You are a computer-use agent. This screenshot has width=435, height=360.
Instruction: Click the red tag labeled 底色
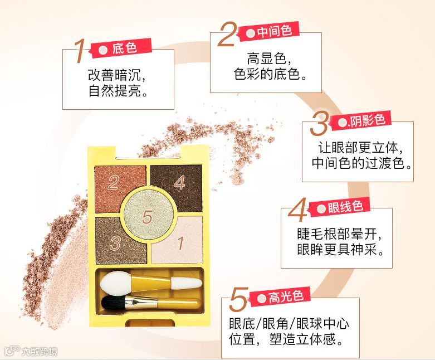tap(121, 48)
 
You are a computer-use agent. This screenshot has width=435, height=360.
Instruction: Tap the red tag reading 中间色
tap(269, 31)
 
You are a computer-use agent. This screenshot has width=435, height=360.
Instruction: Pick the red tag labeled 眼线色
tap(340, 207)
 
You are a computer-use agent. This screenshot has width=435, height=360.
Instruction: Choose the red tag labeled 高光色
tap(280, 297)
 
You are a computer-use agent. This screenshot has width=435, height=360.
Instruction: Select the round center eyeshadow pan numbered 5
tap(149, 216)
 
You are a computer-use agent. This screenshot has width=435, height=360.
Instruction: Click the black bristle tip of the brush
tap(113, 303)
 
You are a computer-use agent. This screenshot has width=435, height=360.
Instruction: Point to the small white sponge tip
tap(186, 283)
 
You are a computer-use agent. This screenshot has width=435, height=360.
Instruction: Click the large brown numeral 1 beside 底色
tap(80, 51)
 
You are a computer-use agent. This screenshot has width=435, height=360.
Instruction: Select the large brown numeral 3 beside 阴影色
tap(319, 124)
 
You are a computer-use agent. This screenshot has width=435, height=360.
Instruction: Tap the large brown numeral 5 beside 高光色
tap(238, 299)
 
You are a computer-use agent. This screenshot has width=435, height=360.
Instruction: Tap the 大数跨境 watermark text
tap(40, 352)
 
